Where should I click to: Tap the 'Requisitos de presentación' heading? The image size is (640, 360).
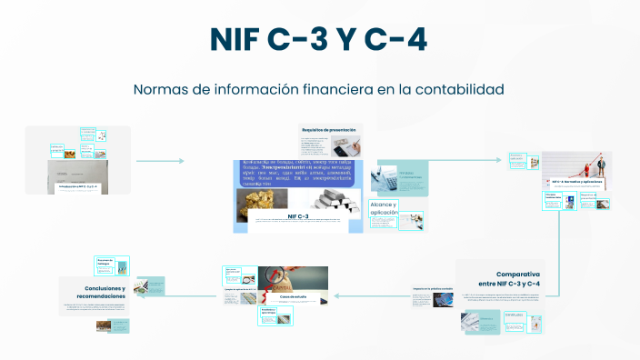click(329, 130)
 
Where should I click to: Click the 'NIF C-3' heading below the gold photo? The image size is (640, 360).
click(298, 217)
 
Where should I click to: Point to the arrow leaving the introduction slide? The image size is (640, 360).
click(159, 161)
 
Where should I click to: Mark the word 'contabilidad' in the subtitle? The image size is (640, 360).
click(459, 90)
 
